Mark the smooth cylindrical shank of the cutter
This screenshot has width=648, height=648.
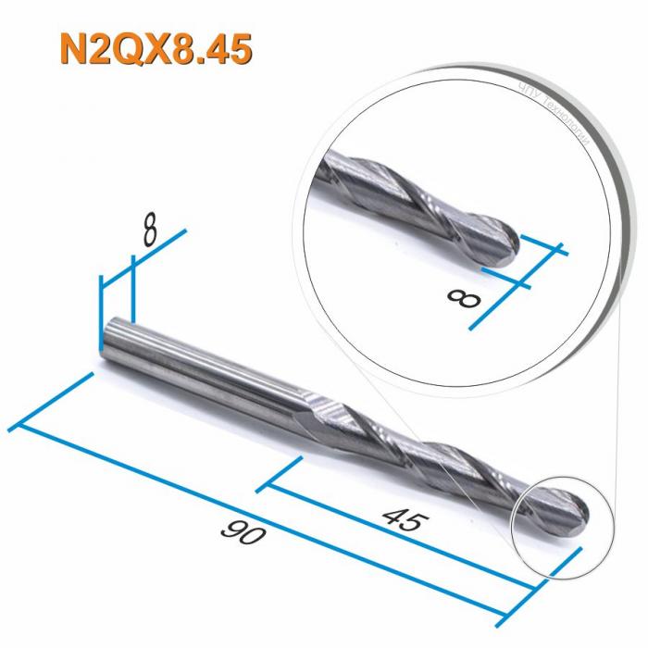(204, 369)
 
